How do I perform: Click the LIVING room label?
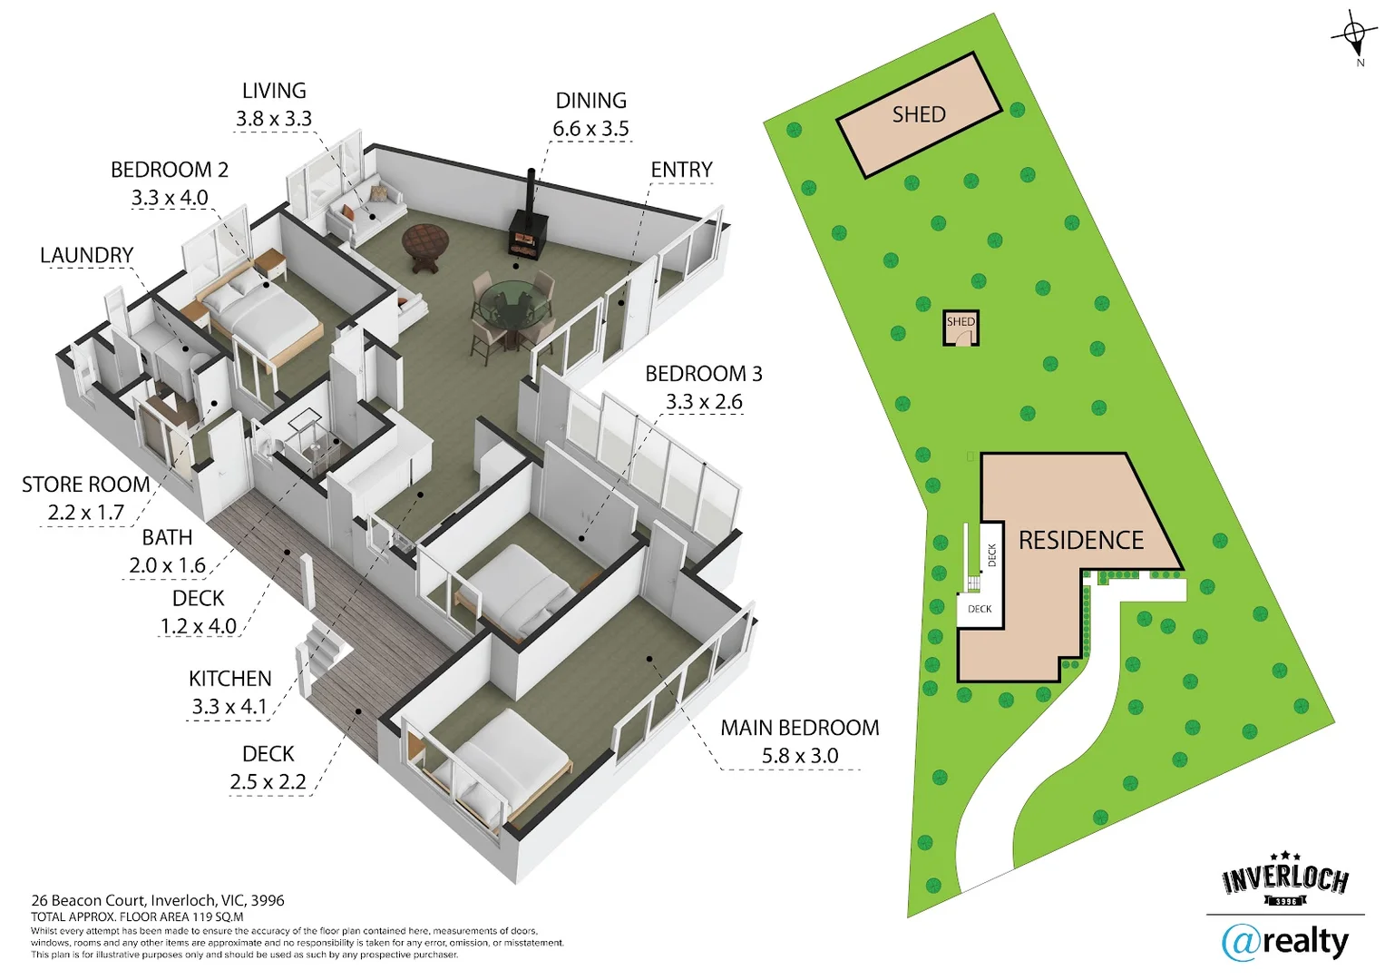(274, 91)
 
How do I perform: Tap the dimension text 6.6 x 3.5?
(590, 129)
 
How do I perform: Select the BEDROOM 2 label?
(170, 170)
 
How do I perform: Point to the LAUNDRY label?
(87, 255)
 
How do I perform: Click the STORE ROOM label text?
(86, 485)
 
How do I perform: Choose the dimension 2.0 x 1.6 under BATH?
(168, 565)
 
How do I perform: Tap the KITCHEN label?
(230, 679)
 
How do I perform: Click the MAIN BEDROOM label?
(799, 728)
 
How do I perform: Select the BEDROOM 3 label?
(704, 374)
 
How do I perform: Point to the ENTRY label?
(681, 170)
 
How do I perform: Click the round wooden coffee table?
(425, 243)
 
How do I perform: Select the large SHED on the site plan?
(919, 114)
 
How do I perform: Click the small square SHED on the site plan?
(961, 328)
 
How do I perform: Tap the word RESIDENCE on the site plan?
(1081, 541)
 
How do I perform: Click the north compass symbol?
(1354, 37)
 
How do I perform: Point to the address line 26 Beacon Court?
(157, 900)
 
